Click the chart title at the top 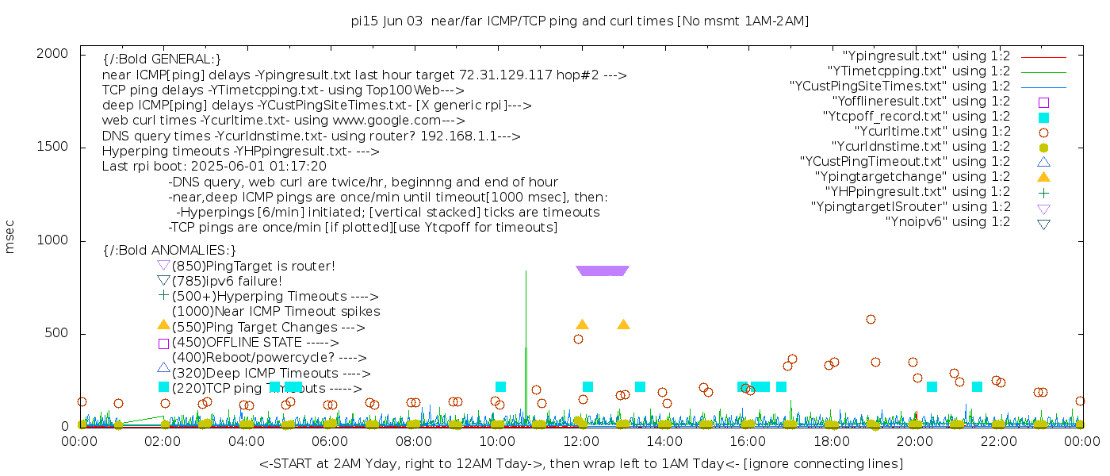tap(580, 21)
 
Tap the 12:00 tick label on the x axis tap(581, 441)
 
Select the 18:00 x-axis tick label tap(830, 441)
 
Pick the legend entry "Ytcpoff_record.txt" tap(917, 116)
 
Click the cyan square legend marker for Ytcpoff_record tap(1043, 117)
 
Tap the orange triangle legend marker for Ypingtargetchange tap(1043, 176)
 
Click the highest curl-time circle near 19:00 tap(871, 319)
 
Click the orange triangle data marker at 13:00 tap(623, 324)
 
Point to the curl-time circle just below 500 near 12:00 tap(578, 339)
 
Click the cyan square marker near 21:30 tap(977, 386)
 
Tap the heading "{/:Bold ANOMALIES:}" tap(170, 250)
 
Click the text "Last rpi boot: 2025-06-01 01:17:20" tap(214, 167)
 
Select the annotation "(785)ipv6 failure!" tap(227, 281)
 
